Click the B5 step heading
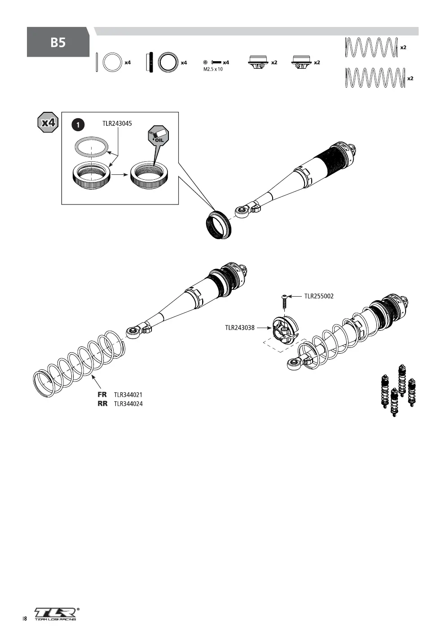(x=58, y=43)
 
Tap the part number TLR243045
(x=117, y=124)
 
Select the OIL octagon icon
(x=158, y=135)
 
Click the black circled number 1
(x=78, y=125)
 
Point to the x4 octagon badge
(x=48, y=123)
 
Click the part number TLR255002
(x=319, y=296)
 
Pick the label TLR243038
(x=239, y=328)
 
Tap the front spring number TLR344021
(x=128, y=395)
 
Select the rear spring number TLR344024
(x=128, y=404)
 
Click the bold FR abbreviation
(x=102, y=395)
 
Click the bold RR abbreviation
(x=102, y=404)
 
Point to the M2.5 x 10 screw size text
(x=213, y=69)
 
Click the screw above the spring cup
(x=284, y=302)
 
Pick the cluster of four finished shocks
(x=398, y=391)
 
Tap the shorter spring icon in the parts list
(x=371, y=47)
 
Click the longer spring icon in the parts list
(x=375, y=78)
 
